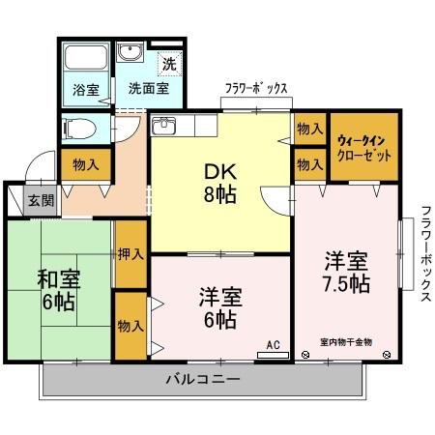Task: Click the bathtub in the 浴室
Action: click(86, 57)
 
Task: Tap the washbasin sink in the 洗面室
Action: click(130, 52)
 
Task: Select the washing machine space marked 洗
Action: click(169, 64)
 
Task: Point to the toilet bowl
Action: click(79, 129)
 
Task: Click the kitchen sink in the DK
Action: click(163, 126)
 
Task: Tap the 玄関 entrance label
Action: click(41, 201)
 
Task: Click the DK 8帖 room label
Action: click(220, 183)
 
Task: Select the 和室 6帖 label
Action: click(59, 290)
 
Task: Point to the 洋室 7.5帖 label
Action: click(346, 273)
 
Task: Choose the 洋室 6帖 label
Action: click(220, 307)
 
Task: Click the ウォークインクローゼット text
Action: click(363, 149)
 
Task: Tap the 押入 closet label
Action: click(130, 254)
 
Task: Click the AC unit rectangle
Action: click(274, 355)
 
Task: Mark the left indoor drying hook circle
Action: click(304, 355)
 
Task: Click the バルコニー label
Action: click(203, 379)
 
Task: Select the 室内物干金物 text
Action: click(346, 342)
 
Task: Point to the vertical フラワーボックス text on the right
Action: click(426, 253)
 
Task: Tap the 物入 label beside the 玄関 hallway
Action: click(86, 165)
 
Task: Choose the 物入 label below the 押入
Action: click(130, 326)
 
